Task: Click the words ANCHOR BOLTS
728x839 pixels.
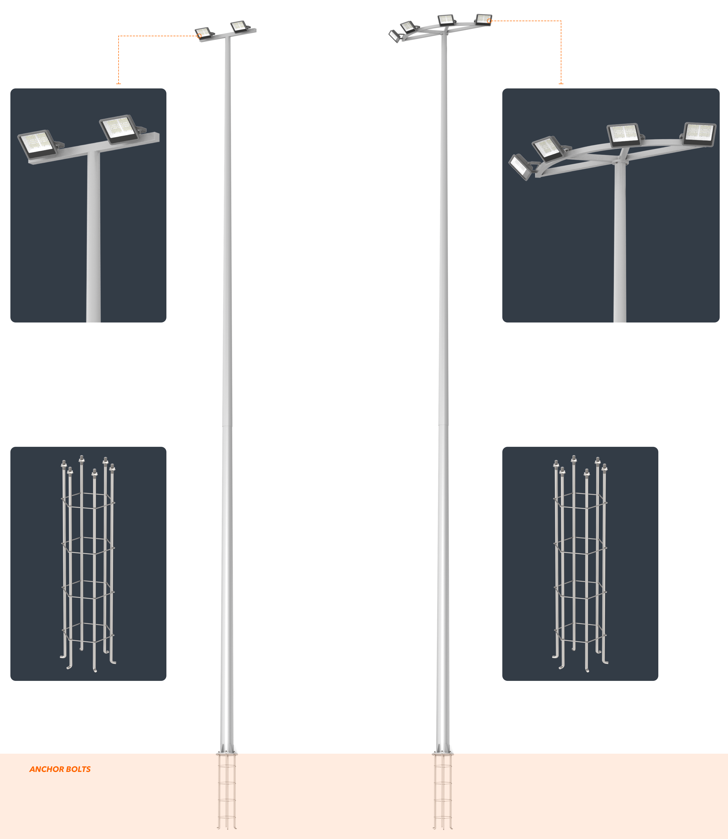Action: (x=60, y=769)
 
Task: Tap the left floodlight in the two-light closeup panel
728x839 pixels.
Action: (x=38, y=144)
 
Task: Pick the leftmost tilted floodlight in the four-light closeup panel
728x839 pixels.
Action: (x=520, y=167)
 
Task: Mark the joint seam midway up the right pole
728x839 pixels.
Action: (x=444, y=425)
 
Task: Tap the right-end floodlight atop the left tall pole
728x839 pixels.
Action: (x=239, y=27)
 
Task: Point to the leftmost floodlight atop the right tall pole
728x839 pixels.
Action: (x=394, y=36)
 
